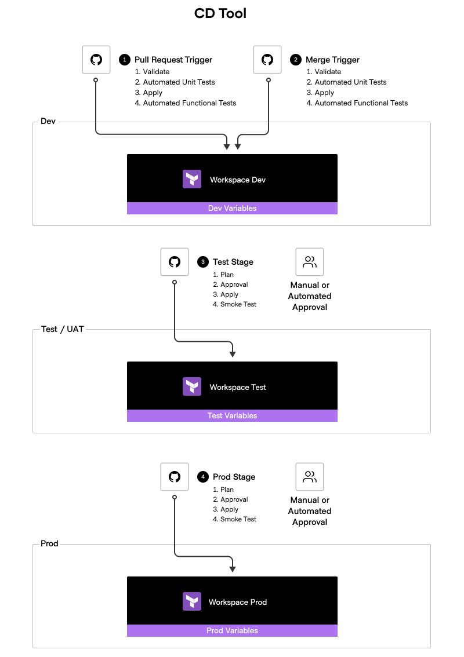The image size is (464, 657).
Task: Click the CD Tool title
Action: [220, 13]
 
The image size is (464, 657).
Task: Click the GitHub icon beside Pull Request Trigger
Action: [96, 60]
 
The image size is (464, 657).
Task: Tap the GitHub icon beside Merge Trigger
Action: [267, 60]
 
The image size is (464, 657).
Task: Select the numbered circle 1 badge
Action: [124, 60]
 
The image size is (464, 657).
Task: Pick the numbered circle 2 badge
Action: [296, 60]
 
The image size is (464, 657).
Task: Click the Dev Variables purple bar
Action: [232, 208]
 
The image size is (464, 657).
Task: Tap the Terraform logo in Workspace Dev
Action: [192, 179]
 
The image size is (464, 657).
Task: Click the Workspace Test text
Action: [238, 387]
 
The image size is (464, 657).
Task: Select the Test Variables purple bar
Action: [232, 415]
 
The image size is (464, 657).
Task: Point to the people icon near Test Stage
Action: [310, 262]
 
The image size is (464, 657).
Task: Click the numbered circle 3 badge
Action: [203, 262]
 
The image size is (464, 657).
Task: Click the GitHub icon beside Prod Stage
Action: [175, 477]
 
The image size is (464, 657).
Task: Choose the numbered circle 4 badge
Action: [203, 477]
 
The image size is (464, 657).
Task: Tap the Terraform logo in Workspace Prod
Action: [192, 601]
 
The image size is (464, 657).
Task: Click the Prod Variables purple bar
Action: [232, 630]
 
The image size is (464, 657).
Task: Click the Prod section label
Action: [49, 544]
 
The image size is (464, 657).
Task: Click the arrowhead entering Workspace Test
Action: [233, 353]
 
